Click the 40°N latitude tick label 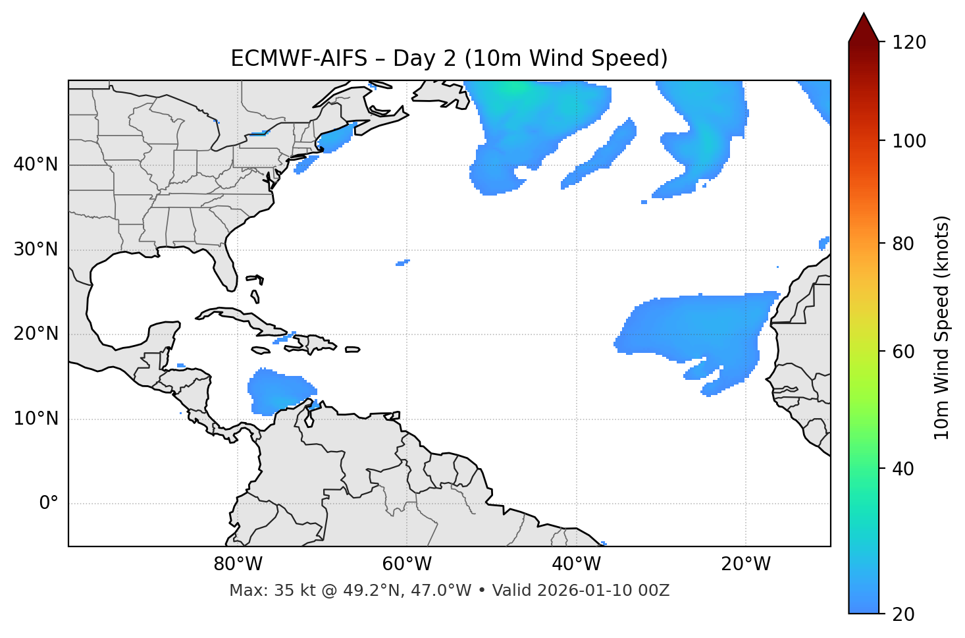pyautogui.click(x=36, y=165)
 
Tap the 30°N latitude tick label pyautogui.click(x=36, y=250)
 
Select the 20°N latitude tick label pyautogui.click(x=36, y=334)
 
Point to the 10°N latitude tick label pyautogui.click(x=36, y=419)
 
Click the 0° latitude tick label pyautogui.click(x=49, y=504)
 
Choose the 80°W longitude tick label pyautogui.click(x=238, y=564)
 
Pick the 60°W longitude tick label pyautogui.click(x=407, y=564)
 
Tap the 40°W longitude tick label pyautogui.click(x=576, y=564)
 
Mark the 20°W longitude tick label pyautogui.click(x=745, y=564)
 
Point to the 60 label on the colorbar pyautogui.click(x=901, y=352)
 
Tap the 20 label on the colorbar pyautogui.click(x=901, y=614)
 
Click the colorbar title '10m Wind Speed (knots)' pyautogui.click(x=942, y=327)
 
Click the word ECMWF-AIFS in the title pyautogui.click(x=298, y=59)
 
